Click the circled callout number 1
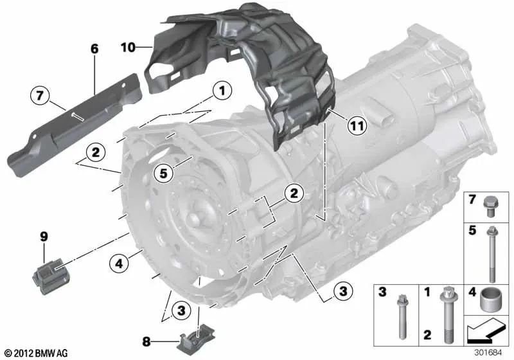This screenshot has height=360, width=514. tap(222, 92)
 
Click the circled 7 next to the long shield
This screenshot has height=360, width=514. tap(40, 98)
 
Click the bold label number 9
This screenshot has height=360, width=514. tap(44, 236)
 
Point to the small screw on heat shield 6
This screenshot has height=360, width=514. tap(77, 116)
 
